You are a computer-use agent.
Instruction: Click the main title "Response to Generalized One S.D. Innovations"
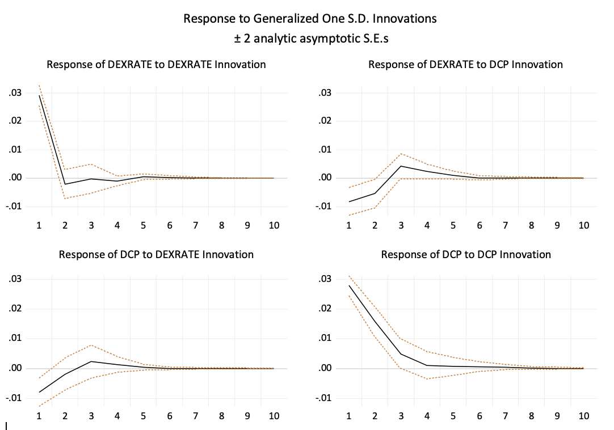click(310, 19)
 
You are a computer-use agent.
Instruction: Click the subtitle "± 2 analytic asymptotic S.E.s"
click(310, 39)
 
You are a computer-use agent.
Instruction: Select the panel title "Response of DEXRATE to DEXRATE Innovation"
click(156, 65)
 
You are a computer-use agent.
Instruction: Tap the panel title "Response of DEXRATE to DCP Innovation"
click(465, 65)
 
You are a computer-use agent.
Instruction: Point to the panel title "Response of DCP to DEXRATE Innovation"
click(156, 255)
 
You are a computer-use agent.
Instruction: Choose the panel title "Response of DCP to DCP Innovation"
click(465, 255)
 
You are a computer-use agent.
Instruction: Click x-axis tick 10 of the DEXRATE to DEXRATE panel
click(274, 226)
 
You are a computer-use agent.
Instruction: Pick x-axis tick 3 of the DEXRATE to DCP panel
click(401, 226)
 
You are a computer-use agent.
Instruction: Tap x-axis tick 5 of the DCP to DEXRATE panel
click(143, 416)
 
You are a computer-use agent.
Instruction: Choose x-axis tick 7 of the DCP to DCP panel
click(505, 416)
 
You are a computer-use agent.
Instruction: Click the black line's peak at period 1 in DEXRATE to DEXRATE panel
click(39, 95)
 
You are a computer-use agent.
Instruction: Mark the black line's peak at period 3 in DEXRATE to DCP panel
click(401, 166)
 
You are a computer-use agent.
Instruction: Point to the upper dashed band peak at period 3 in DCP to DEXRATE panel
click(91, 345)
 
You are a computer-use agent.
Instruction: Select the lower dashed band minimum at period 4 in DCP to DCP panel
click(427, 378)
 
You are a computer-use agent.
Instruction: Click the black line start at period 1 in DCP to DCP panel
click(348, 285)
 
